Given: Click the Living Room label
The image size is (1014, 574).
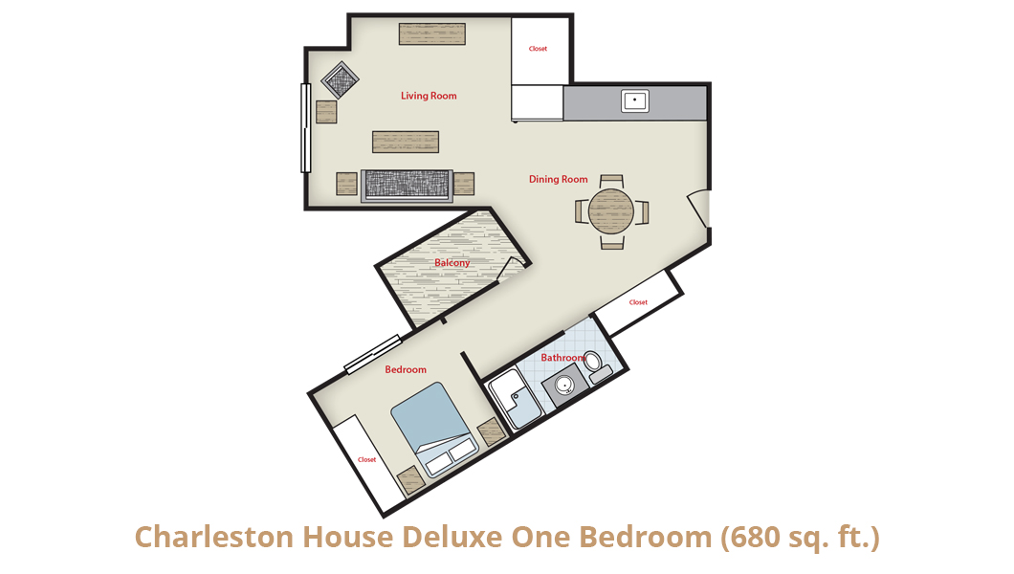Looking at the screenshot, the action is [429, 96].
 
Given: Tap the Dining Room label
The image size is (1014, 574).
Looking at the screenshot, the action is [558, 179].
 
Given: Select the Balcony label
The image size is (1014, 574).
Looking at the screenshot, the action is [452, 262].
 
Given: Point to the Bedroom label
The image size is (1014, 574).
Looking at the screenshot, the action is [406, 369].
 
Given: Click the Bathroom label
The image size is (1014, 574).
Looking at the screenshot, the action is [563, 358].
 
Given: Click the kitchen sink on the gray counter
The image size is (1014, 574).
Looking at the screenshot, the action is [635, 100].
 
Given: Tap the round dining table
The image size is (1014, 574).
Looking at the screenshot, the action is [611, 210].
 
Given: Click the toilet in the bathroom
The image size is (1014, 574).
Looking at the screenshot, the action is [598, 366].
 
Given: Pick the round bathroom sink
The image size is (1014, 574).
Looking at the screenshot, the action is [564, 386].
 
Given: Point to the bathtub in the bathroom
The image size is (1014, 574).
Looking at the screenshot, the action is [514, 399].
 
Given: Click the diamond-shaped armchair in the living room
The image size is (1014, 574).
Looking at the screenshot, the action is [341, 80].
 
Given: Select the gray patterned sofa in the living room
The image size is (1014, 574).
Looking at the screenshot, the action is [407, 187].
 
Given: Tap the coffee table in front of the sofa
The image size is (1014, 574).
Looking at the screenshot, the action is [406, 143].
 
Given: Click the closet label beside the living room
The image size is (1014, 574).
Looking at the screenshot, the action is [538, 49].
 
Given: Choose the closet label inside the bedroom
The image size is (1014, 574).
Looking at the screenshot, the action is [366, 459].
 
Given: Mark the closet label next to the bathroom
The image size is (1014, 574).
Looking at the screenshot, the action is [638, 302].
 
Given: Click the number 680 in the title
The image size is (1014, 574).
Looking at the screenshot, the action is [752, 537].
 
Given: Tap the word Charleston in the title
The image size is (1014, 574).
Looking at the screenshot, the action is [214, 537].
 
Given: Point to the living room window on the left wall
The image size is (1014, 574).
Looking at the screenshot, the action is [306, 128].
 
